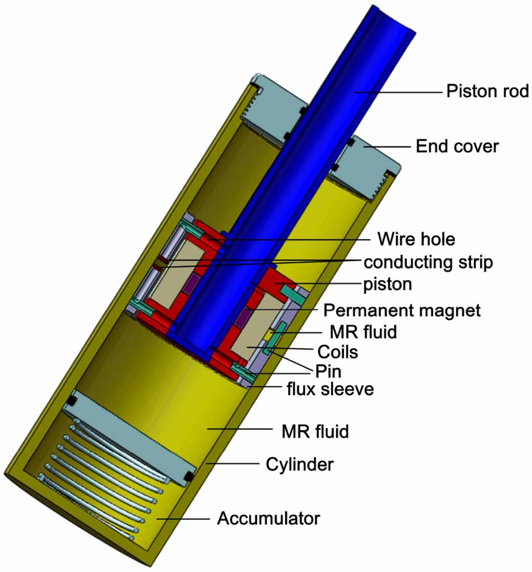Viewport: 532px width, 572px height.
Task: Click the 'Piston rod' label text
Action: click(x=487, y=92)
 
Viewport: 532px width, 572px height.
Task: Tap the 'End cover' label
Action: click(x=457, y=146)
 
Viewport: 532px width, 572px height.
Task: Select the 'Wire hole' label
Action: click(x=416, y=239)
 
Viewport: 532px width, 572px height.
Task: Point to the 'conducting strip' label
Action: click(x=428, y=263)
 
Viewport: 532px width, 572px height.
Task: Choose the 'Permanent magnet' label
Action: click(x=402, y=310)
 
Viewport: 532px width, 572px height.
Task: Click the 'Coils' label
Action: click(x=338, y=352)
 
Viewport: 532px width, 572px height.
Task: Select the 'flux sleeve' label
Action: click(x=330, y=389)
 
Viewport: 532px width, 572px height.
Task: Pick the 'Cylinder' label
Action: click(x=299, y=464)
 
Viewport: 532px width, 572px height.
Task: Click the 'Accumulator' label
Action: click(x=268, y=518)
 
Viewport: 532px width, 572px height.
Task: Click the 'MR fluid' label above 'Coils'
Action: click(x=363, y=332)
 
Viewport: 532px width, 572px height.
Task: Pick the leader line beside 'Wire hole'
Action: click(x=296, y=240)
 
